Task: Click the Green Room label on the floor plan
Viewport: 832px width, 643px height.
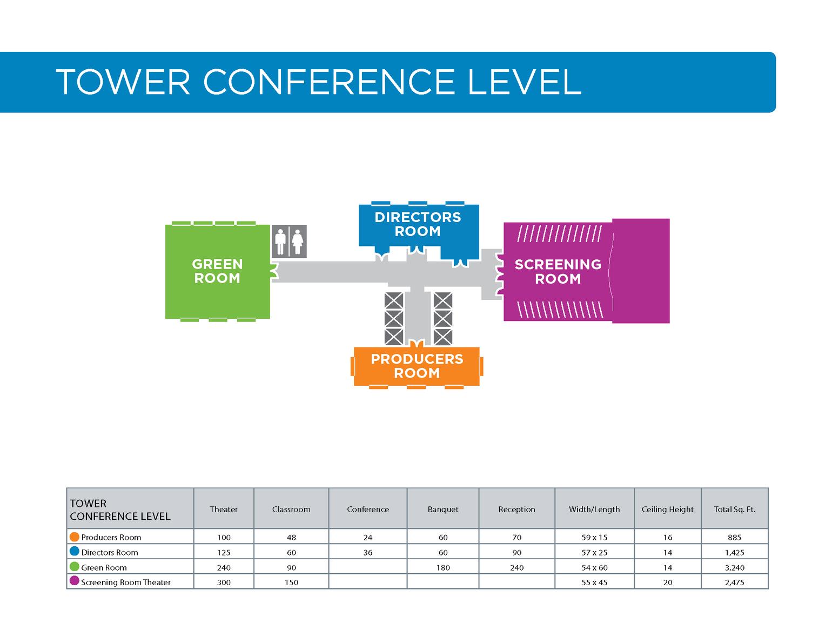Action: [x=217, y=271]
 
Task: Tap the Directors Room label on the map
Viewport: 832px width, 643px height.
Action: [x=418, y=224]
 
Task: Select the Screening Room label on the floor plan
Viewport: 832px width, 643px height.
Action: [x=558, y=272]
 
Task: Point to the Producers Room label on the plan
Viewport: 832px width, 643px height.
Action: [x=417, y=366]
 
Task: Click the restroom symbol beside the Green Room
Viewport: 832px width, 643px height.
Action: [x=289, y=242]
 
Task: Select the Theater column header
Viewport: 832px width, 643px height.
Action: [x=224, y=510]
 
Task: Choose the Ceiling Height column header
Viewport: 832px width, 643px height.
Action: [x=667, y=510]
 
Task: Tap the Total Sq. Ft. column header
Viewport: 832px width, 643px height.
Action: [x=734, y=510]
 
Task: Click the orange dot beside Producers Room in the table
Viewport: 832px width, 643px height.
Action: [x=75, y=537]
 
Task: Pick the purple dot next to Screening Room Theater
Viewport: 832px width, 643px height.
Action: [x=75, y=581]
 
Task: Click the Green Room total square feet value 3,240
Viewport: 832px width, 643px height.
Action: [x=734, y=568]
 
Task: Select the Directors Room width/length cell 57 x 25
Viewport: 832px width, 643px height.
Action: [x=594, y=553]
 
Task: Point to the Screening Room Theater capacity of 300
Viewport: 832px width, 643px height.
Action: [x=224, y=582]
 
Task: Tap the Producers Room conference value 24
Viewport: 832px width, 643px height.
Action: [x=368, y=538]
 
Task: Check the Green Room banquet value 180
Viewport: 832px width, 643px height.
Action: [x=443, y=568]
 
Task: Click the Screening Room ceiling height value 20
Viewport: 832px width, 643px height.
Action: [x=668, y=582]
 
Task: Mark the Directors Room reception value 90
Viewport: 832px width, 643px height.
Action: [x=516, y=553]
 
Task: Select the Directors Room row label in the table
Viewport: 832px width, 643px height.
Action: [x=110, y=553]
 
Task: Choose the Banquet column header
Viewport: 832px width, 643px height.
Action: [x=443, y=510]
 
